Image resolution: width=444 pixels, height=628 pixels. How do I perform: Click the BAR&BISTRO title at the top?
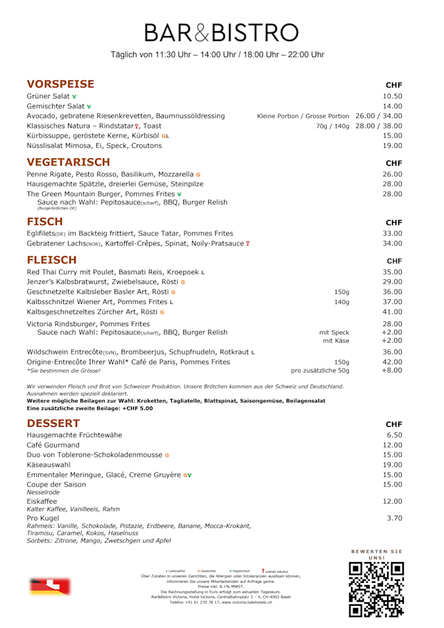(x=221, y=32)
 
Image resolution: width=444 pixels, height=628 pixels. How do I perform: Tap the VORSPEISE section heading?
(x=60, y=84)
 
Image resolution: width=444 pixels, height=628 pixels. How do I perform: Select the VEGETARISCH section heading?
(x=68, y=162)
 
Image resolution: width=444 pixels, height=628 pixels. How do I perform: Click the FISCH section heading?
(x=44, y=221)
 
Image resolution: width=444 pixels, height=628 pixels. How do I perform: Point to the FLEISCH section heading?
(x=51, y=260)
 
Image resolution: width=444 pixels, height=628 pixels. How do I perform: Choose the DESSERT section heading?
(x=53, y=423)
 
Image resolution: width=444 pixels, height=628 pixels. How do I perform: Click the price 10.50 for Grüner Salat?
(x=392, y=96)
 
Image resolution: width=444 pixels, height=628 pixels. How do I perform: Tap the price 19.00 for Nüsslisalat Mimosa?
(x=392, y=146)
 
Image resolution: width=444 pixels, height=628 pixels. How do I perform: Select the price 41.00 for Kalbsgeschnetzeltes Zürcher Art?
(x=392, y=312)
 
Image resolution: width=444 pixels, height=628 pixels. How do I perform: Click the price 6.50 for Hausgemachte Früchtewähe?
(x=394, y=435)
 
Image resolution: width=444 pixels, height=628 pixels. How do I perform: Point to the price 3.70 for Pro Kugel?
(x=394, y=518)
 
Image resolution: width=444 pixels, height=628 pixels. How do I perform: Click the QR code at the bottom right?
(x=376, y=589)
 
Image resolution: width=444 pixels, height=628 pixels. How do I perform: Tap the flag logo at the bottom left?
(x=50, y=587)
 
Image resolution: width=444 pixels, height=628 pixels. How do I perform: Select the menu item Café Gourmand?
(x=53, y=445)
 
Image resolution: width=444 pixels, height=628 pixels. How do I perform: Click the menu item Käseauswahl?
(x=49, y=465)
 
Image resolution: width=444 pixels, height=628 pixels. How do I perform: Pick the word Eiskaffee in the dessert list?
(x=42, y=501)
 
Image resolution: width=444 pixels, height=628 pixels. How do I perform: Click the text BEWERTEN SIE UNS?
(x=377, y=554)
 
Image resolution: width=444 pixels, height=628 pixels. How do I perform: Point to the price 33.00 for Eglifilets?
(x=392, y=234)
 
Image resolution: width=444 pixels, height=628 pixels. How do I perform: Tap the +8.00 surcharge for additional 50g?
(x=392, y=371)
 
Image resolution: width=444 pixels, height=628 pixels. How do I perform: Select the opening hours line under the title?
(x=217, y=55)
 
